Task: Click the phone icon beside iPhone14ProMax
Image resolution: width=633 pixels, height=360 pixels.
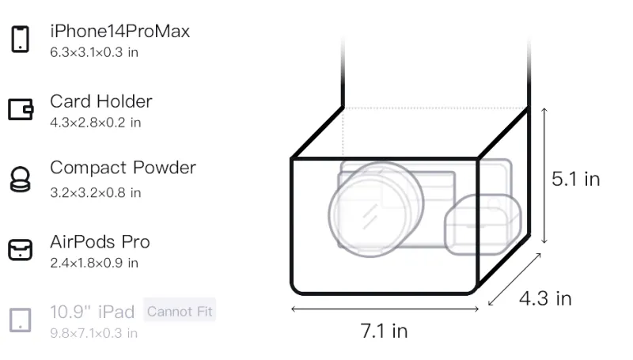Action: point(21,39)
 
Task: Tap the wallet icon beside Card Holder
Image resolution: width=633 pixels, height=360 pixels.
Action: point(21,109)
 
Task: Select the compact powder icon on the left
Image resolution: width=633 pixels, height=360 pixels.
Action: point(20,179)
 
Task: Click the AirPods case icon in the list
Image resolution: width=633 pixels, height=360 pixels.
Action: point(21,249)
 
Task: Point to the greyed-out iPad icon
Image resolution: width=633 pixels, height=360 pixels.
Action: point(21,320)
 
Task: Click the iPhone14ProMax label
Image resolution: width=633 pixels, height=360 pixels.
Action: point(120,31)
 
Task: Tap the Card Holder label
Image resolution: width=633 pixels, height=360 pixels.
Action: point(101,101)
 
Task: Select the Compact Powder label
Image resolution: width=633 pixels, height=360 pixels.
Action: point(123,168)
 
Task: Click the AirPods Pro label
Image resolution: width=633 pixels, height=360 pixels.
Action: point(100,242)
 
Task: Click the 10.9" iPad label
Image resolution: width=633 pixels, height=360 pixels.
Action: point(92,312)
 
